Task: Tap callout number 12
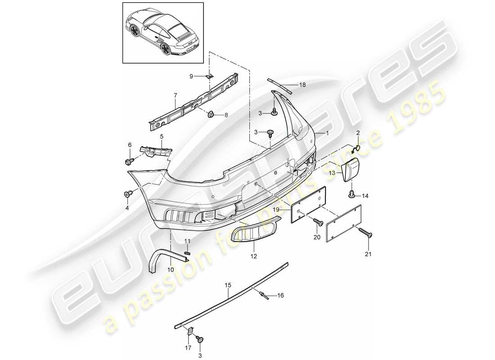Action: pyautogui.click(x=254, y=256)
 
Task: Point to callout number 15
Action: pyautogui.click(x=228, y=285)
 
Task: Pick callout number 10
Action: pyautogui.click(x=171, y=269)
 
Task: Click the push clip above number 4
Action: pyautogui.click(x=127, y=194)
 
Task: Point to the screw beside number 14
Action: pyautogui.click(x=352, y=194)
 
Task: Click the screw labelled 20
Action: pyautogui.click(x=319, y=221)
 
